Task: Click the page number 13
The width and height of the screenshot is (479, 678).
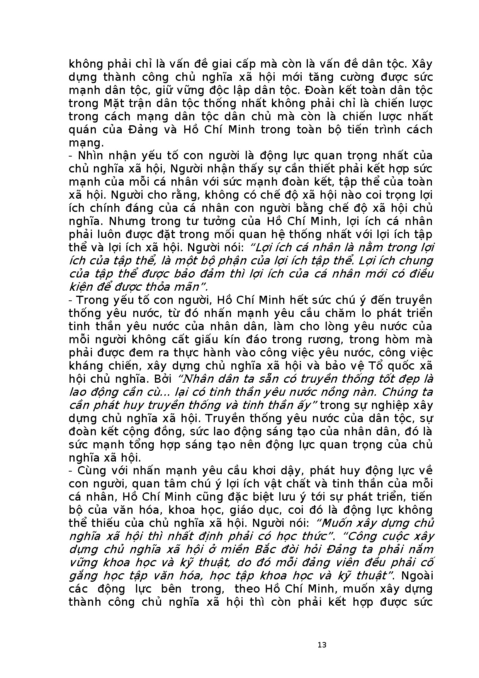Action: (322, 645)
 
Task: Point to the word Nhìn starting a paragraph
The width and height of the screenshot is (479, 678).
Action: (91, 156)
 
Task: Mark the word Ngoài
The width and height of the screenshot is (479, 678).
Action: (417, 576)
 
